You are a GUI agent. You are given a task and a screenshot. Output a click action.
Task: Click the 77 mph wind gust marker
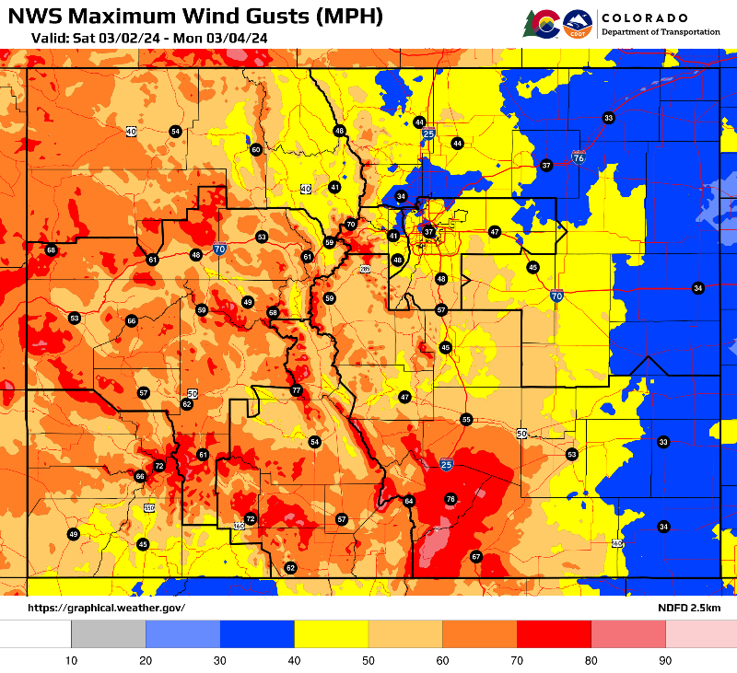296,390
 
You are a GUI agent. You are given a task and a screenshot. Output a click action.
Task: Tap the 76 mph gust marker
450,499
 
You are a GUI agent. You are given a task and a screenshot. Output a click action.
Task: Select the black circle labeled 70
350,225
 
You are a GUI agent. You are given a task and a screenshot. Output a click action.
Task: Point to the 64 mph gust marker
409,501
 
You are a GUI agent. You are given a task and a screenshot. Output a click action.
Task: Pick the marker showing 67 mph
476,556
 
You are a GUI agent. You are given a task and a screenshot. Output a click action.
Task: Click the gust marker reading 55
466,419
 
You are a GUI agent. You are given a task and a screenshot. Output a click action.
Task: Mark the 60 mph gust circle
256,149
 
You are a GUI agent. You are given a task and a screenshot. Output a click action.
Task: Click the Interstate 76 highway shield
578,157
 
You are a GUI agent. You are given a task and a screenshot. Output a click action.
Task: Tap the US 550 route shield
149,507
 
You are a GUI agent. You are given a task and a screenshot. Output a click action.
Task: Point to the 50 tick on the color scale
368,660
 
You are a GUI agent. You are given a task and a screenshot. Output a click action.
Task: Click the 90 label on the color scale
665,660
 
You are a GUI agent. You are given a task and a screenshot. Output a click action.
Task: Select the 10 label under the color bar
71,660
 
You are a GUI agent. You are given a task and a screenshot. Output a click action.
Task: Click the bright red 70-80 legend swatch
554,633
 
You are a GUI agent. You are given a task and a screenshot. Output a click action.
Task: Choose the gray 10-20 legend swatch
109,633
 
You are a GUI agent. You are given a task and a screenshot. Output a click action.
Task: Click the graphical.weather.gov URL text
106,608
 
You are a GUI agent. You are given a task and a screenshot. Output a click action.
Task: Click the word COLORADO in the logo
644,17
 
